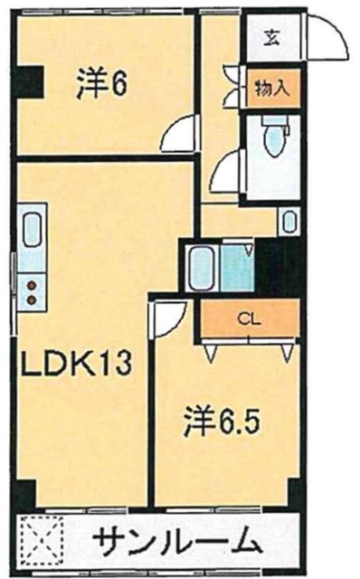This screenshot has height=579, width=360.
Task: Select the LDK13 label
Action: [77, 365]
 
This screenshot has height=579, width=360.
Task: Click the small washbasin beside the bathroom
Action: [288, 222]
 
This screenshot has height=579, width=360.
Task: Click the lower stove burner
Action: [32, 298]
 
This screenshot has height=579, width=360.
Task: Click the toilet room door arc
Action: [231, 167]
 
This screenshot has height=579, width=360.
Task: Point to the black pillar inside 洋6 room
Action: [33, 83]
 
